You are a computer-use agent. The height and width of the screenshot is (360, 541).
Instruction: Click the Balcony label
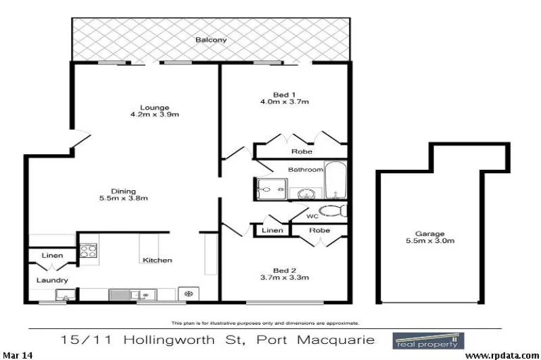coord(211,41)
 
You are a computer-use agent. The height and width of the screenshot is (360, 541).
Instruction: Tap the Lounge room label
coord(154,108)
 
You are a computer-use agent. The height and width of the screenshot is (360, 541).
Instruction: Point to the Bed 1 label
coord(285,95)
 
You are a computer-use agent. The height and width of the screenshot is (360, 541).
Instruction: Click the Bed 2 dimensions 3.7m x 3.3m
coord(285,277)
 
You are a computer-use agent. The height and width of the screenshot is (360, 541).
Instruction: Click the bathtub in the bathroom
coord(336,180)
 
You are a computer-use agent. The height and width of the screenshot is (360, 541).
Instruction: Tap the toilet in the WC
coord(333,210)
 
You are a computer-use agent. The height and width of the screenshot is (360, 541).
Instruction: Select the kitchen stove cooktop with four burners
coord(89,251)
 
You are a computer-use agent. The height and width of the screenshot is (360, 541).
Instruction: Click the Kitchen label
coord(157,260)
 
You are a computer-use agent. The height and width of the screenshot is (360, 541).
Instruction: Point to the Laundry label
coord(52,280)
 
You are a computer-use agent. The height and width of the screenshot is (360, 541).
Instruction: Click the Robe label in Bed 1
coord(301,152)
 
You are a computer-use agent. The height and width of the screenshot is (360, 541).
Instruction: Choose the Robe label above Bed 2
coord(319,230)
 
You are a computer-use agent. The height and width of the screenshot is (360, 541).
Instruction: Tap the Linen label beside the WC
coord(273,231)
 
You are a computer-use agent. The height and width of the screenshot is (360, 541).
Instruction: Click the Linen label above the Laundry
coord(52,256)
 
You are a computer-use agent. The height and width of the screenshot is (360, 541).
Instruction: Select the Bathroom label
coord(306,169)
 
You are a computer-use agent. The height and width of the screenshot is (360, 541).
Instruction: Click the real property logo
coord(428,339)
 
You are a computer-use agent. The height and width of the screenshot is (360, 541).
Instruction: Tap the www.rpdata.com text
coord(501,355)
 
